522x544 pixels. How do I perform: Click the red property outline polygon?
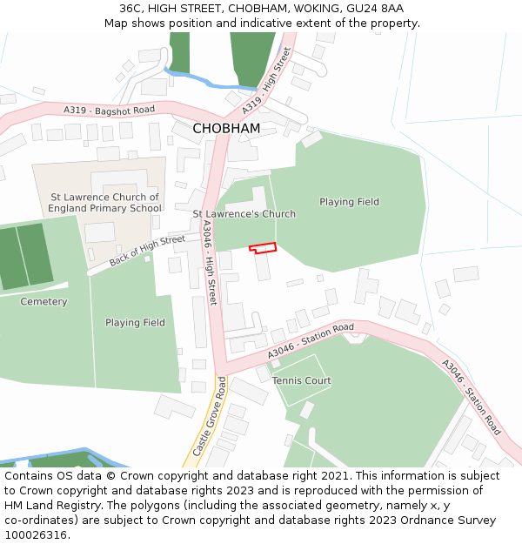click(263, 247)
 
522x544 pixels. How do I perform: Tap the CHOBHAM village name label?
click(226, 128)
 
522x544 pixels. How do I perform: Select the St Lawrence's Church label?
click(244, 214)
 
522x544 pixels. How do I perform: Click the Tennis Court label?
click(302, 381)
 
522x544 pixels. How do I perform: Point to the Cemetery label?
click(43, 302)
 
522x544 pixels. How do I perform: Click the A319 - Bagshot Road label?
click(109, 110)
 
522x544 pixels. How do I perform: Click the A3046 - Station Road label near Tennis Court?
click(311, 339)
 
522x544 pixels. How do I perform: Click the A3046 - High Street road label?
click(209, 261)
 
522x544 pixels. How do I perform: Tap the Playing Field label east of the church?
click(349, 202)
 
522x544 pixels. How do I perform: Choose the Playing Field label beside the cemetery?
click(135, 323)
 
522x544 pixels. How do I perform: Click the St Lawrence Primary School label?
click(104, 203)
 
